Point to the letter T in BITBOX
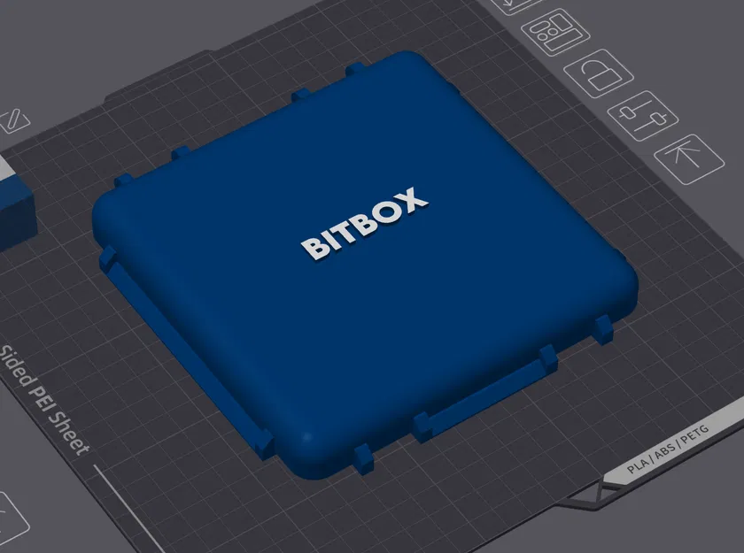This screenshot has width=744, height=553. (346, 231)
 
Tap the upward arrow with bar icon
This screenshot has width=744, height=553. (689, 157)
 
